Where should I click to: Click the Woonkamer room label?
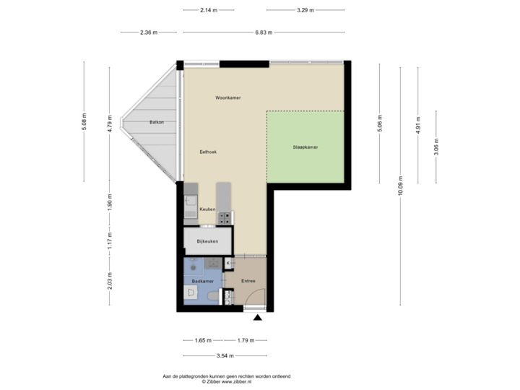227,97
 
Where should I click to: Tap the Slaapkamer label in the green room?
305,147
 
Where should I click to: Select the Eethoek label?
209,152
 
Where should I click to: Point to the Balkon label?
157,122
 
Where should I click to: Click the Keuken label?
207,209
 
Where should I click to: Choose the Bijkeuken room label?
208,240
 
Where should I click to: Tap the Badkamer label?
202,280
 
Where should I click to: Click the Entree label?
248,281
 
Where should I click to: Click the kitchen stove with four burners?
225,216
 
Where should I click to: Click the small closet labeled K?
229,263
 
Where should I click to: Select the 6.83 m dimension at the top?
264,32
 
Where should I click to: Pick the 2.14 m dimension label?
207,10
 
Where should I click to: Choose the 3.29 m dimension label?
305,10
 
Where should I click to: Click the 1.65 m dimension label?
204,340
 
